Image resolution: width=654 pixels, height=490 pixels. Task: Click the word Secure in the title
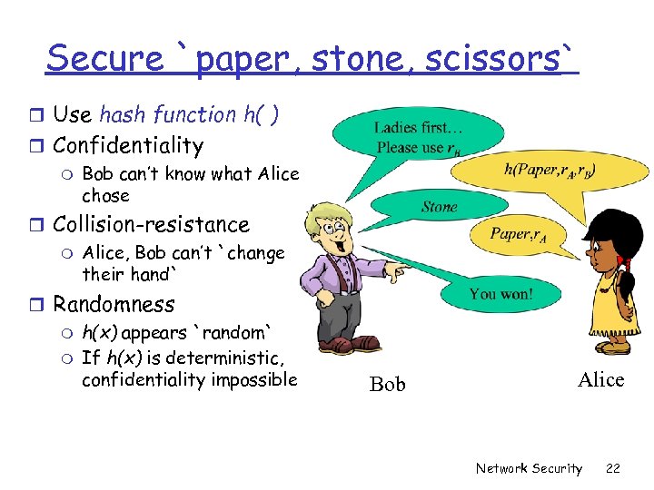pyautogui.click(x=104, y=58)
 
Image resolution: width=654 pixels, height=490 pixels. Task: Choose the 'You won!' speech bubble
pyautogui.click(x=499, y=293)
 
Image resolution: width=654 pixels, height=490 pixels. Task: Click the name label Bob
pyautogui.click(x=388, y=384)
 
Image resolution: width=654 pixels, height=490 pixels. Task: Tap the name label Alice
pyautogui.click(x=600, y=379)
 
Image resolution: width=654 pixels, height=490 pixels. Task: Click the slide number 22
pyautogui.click(x=613, y=468)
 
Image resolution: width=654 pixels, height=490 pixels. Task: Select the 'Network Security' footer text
pyautogui.click(x=529, y=468)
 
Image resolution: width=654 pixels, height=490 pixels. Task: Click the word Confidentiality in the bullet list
pyautogui.click(x=128, y=145)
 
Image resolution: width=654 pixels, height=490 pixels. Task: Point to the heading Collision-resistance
pyautogui.click(x=151, y=224)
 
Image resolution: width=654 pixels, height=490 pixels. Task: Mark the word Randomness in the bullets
pyautogui.click(x=114, y=304)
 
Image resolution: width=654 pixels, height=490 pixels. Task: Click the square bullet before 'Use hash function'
pyautogui.click(x=37, y=115)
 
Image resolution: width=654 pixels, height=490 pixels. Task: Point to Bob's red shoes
pyautogui.click(x=350, y=344)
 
